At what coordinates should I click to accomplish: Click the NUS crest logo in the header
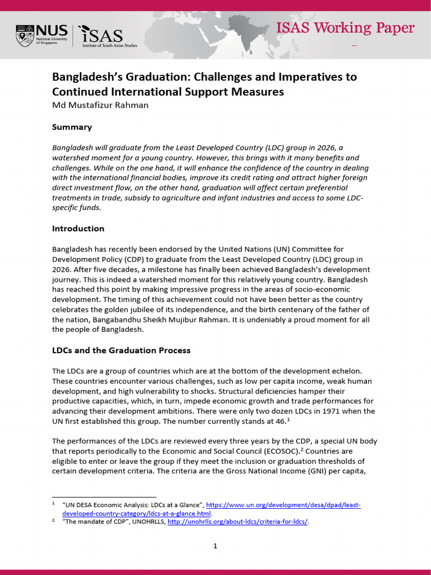click(24, 34)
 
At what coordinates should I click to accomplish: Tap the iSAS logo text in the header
click(107, 35)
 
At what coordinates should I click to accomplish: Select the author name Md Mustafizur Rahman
click(100, 105)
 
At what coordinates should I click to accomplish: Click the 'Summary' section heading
click(72, 127)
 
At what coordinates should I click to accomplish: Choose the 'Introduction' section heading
click(78, 229)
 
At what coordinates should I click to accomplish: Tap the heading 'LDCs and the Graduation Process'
click(121, 350)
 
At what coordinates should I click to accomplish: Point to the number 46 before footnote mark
click(280, 421)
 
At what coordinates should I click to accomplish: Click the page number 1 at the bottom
click(215, 545)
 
